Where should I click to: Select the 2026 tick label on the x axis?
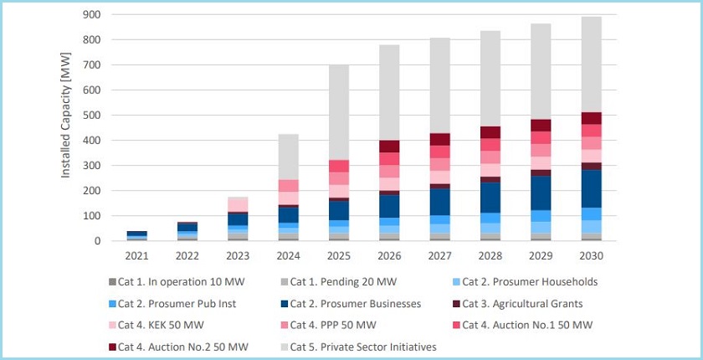coord(390,255)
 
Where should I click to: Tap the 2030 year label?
coord(592,255)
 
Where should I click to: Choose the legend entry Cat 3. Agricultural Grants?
coord(524,303)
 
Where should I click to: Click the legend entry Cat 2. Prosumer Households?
coord(530,282)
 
